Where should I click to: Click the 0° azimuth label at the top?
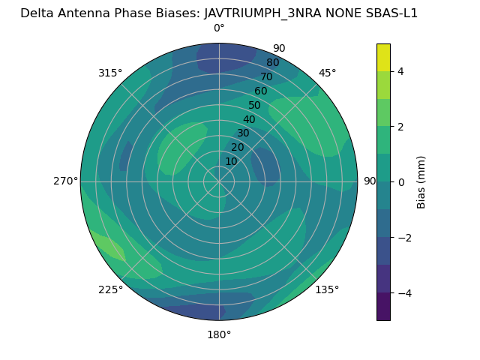pyautogui.click(x=219, y=28)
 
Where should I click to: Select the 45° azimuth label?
pyautogui.click(x=327, y=73)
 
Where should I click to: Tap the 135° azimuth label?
pyautogui.click(x=327, y=289)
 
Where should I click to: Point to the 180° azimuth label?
pyautogui.click(x=219, y=334)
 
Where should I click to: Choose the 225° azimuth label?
pyautogui.click(x=110, y=289)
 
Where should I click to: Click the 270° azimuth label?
pyautogui.click(x=66, y=181)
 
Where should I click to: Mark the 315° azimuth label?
pyautogui.click(x=110, y=73)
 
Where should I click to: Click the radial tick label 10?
pyautogui.click(x=231, y=161)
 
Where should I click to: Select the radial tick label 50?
pyautogui.click(x=254, y=106)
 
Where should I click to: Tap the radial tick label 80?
pyautogui.click(x=272, y=62)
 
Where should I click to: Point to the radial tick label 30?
pyautogui.click(x=243, y=133)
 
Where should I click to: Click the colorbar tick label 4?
pyautogui.click(x=401, y=71)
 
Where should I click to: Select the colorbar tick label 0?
pyautogui.click(x=401, y=182)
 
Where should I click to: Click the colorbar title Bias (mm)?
pyautogui.click(x=421, y=182)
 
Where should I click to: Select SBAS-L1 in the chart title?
pyautogui.click(x=391, y=13)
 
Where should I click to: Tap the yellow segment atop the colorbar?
pyautogui.click(x=383, y=57)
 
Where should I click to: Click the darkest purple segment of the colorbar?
pyautogui.click(x=383, y=307)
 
